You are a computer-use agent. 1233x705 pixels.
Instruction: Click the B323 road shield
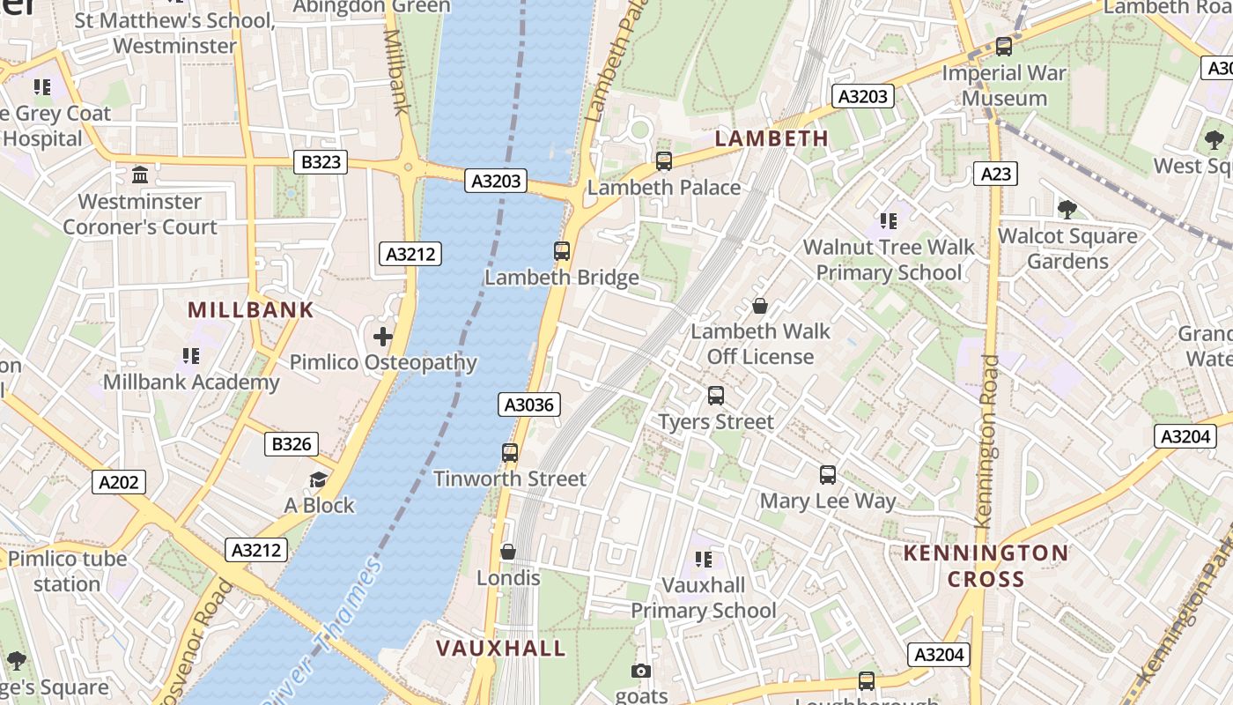point(321,162)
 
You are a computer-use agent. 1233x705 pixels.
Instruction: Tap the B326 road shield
point(292,444)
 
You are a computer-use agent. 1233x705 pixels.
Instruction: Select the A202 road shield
point(119,482)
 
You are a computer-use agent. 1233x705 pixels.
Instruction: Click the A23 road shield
point(996,174)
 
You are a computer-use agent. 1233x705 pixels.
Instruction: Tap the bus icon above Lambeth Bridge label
point(562,250)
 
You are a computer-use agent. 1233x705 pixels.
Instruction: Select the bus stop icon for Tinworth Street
point(510,453)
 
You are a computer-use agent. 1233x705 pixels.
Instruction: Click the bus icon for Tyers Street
point(716,396)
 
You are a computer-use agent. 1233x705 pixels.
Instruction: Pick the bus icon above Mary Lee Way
point(828,475)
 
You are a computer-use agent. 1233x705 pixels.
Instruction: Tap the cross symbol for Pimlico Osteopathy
point(383,337)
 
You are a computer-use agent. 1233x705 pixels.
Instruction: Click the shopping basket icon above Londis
point(508,552)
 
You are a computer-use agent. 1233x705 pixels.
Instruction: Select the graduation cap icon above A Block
point(318,479)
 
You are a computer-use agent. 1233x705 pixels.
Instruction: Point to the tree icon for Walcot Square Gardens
point(1067,209)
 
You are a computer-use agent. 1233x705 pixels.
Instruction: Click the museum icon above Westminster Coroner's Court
point(140,174)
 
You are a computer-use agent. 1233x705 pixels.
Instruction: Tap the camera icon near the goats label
point(641,672)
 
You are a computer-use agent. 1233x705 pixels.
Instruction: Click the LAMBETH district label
point(772,138)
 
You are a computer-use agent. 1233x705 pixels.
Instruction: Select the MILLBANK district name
point(251,309)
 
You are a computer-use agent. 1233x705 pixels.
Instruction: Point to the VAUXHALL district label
point(501,649)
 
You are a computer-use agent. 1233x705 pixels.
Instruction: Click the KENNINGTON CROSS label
point(986,566)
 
